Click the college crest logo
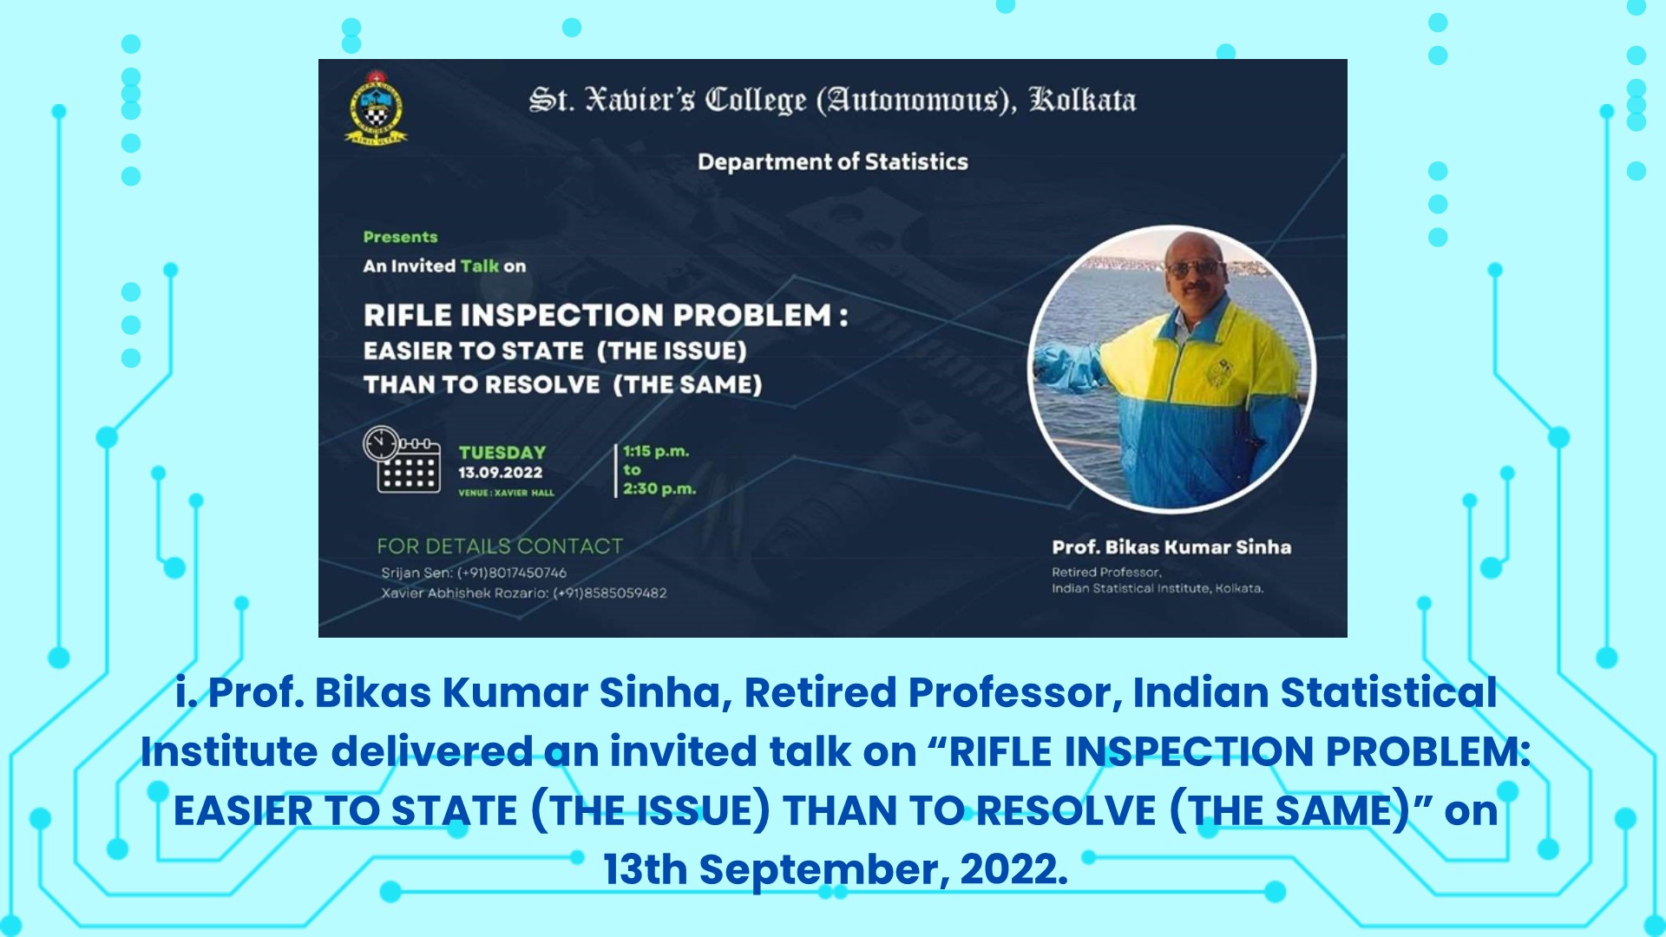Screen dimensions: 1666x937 coord(377,108)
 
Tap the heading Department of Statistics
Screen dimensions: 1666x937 coord(833,162)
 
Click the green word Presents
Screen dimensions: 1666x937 coord(400,237)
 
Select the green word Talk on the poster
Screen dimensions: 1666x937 coord(480,266)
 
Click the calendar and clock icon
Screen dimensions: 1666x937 coord(402,460)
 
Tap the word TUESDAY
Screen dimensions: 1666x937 coord(502,452)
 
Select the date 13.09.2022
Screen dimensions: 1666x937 coord(501,473)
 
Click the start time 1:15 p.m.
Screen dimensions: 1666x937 coord(656,451)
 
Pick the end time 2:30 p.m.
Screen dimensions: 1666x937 coord(659,488)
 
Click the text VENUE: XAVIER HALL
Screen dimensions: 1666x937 coord(506,493)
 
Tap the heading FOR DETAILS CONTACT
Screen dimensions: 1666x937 coord(500,546)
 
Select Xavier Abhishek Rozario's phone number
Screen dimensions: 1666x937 coord(610,593)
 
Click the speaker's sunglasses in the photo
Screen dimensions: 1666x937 coord(1194,268)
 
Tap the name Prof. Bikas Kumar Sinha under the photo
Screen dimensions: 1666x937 coord(1171,547)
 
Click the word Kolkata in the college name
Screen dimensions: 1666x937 coord(1082,100)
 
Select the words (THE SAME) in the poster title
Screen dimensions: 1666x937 coord(687,384)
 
